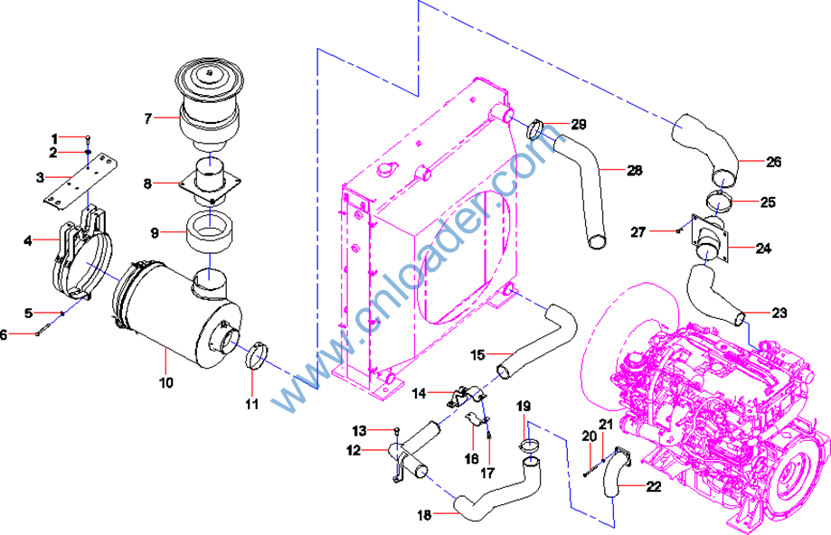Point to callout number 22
pyautogui.click(x=654, y=485)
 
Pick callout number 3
pyautogui.click(x=40, y=176)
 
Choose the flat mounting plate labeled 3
pyautogui.click(x=84, y=180)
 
